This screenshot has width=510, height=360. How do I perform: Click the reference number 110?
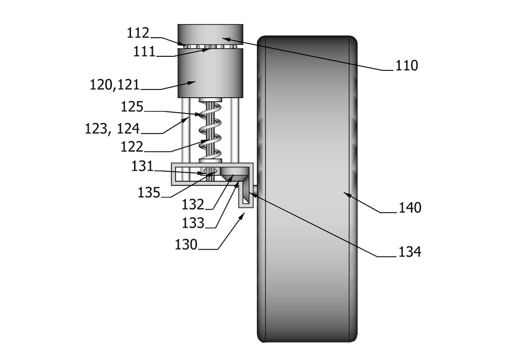tap(406, 65)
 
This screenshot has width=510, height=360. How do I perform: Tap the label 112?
tap(138, 33)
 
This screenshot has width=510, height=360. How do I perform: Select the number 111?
tap(144, 51)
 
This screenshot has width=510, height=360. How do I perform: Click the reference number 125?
tap(132, 107)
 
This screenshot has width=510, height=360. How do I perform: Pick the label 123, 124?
tap(112, 128)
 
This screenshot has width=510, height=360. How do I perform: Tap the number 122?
tap(132, 147)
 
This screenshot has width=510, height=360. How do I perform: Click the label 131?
tap(142, 166)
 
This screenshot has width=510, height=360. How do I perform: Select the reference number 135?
tap(149, 192)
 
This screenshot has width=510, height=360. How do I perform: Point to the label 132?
tap(193, 205)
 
